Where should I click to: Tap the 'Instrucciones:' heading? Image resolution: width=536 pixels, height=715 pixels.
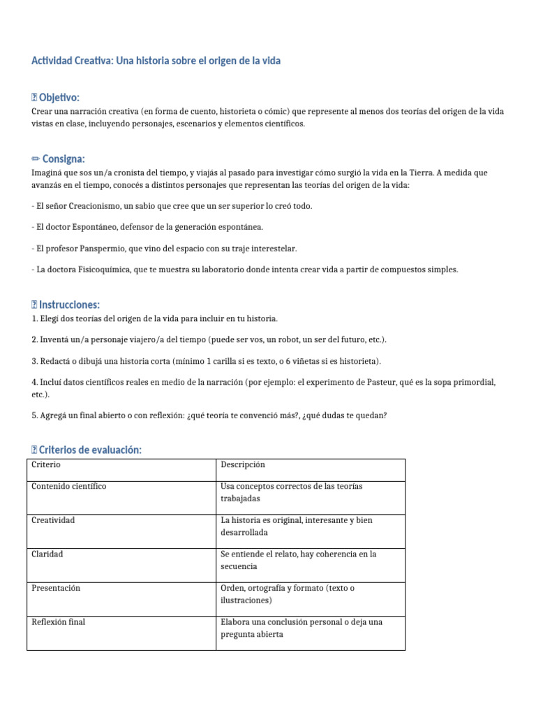click(69, 304)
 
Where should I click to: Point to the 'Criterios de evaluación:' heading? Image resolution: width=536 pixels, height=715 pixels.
click(90, 450)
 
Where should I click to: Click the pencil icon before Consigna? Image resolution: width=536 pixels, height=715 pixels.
click(36, 159)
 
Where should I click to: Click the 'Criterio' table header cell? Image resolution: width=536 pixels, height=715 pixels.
click(46, 464)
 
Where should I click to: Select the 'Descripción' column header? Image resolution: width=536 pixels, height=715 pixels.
click(242, 464)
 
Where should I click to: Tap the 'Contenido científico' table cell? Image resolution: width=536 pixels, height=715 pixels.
click(68, 486)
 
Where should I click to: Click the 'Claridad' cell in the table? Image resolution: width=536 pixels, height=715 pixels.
click(47, 554)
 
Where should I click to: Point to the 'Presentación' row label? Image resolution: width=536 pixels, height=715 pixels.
click(56, 588)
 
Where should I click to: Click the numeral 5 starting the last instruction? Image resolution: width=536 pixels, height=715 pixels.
click(34, 415)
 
